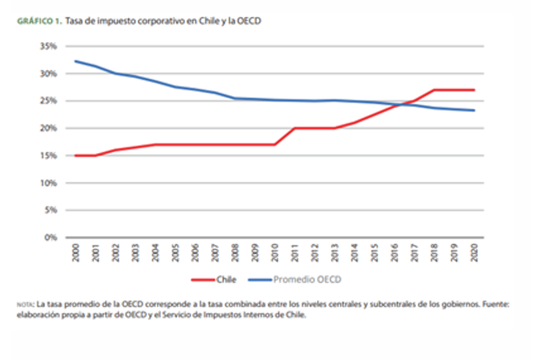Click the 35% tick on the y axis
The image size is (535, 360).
click(49, 46)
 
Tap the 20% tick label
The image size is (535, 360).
click(49, 128)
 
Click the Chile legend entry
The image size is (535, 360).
click(227, 280)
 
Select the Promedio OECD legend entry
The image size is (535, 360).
click(307, 280)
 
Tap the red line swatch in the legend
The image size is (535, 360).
click(203, 280)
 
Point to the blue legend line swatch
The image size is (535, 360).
click(259, 280)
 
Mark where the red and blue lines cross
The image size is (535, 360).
click(400, 105)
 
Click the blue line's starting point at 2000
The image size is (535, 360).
click(76, 61)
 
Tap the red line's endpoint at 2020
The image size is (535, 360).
click(474, 90)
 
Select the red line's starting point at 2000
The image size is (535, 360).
click(76, 155)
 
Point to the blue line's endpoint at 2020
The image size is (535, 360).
click(474, 110)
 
